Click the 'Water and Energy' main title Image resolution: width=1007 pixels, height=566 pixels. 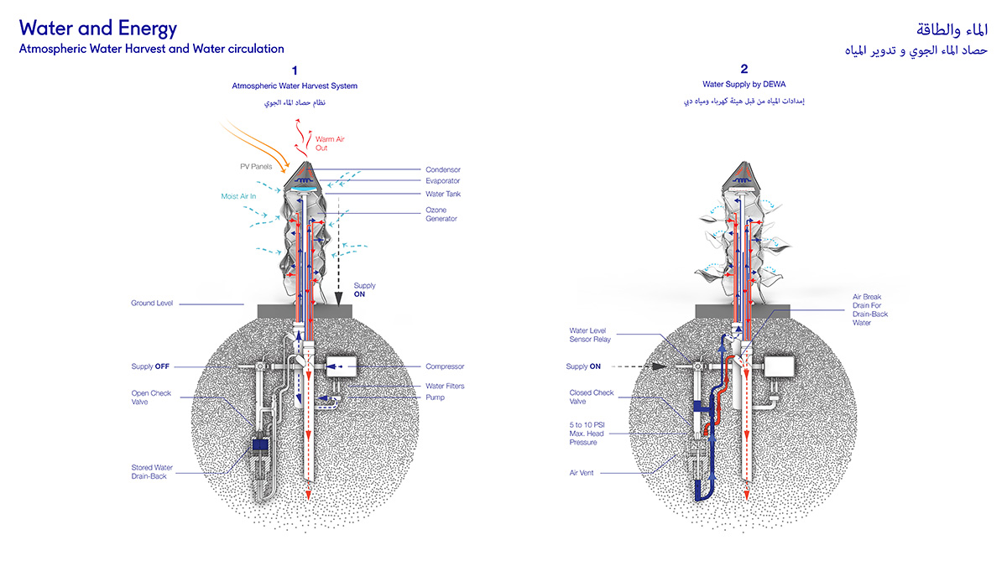coord(98,29)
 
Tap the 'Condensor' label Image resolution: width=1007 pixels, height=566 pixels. coord(443,170)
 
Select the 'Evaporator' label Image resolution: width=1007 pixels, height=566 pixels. coord(443,181)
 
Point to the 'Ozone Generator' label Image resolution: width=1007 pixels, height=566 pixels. coord(441,214)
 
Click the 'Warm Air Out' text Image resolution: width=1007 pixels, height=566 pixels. coord(330,143)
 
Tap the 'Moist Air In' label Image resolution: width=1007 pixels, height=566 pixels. coord(239,196)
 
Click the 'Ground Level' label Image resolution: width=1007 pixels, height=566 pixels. coord(152,304)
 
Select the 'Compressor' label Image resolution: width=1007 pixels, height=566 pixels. coord(445,366)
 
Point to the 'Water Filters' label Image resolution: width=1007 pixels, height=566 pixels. coord(445,387)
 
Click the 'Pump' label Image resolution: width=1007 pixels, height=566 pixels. coord(435,397)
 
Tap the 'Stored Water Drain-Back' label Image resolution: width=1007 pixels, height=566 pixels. coord(154,472)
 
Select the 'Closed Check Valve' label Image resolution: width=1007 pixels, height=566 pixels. coord(592,397)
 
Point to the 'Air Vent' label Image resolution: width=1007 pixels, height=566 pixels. coord(581,473)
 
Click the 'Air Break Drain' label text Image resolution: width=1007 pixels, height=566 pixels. coord(867,309)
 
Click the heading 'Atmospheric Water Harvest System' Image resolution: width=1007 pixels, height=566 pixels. coord(295,86)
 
